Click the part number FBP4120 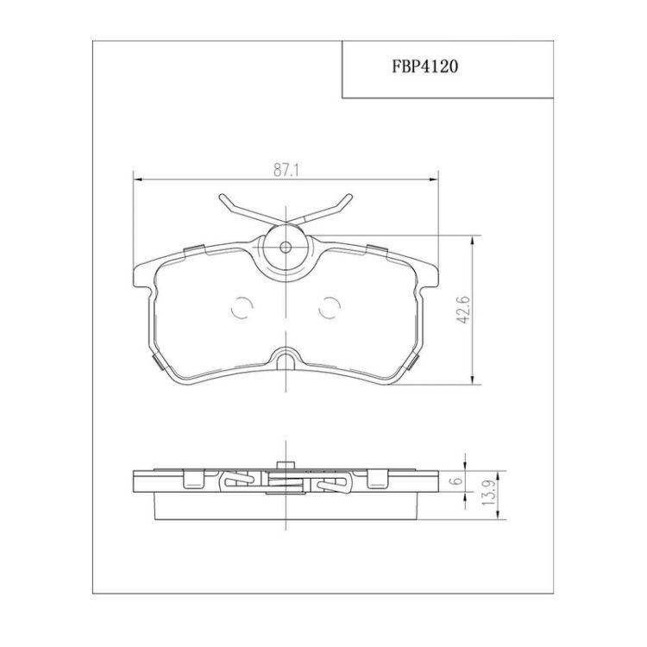[424, 66]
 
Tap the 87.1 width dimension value [286, 171]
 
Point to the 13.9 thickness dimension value [489, 495]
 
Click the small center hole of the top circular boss [286, 248]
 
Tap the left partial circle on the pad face [242, 307]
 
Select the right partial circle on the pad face [330, 307]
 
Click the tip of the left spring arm [222, 197]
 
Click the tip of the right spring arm [350, 197]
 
